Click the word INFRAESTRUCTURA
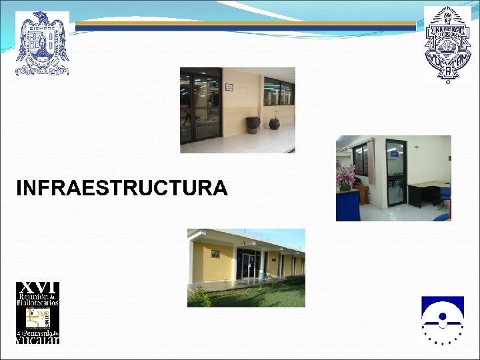(x=121, y=189)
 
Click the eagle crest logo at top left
(x=42, y=43)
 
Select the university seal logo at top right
(x=447, y=44)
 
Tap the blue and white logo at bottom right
(x=442, y=319)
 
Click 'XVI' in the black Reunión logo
(x=37, y=287)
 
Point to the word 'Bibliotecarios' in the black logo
(x=37, y=303)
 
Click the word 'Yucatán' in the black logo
(x=37, y=339)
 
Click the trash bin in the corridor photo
(x=253, y=124)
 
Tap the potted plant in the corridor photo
(x=274, y=122)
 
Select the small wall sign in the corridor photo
(x=229, y=87)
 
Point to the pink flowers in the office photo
(x=345, y=175)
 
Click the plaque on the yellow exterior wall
(x=215, y=253)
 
